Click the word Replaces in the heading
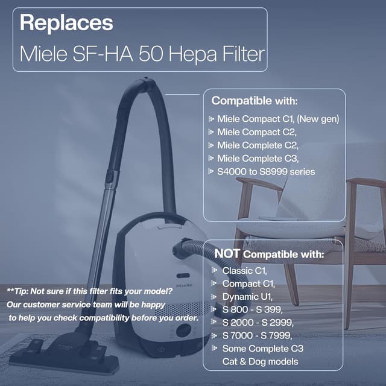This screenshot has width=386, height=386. coord(66,23)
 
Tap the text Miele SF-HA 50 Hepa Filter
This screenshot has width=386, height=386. coord(142,54)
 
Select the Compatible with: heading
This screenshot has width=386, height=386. coord(255,101)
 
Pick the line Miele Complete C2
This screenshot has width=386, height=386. coord(258,145)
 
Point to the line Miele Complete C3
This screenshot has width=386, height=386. coord(258,159)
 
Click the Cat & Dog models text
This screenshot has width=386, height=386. coord(261,362)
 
